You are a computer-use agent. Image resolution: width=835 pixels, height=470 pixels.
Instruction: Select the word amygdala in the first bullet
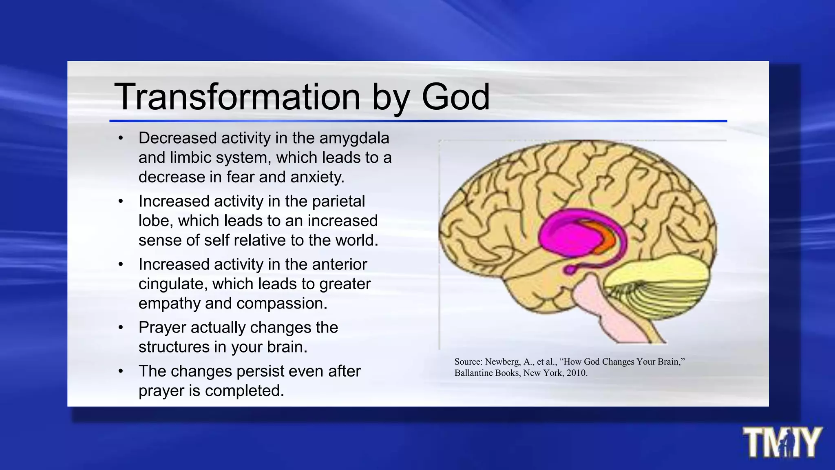pyautogui.click(x=354, y=139)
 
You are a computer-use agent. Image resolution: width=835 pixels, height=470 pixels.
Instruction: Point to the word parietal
pyautogui.click(x=338, y=202)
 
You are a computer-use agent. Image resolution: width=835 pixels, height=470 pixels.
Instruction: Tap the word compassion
pyautogui.click(x=282, y=304)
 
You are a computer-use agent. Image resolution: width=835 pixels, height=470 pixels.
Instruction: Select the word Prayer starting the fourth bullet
pyautogui.click(x=161, y=328)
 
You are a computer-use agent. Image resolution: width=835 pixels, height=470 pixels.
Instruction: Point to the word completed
pyautogui.click(x=244, y=391)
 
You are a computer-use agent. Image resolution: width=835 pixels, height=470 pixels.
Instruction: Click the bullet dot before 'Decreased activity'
pyautogui.click(x=121, y=139)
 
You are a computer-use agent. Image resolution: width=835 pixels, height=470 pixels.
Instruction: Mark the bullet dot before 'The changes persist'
pyautogui.click(x=121, y=372)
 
